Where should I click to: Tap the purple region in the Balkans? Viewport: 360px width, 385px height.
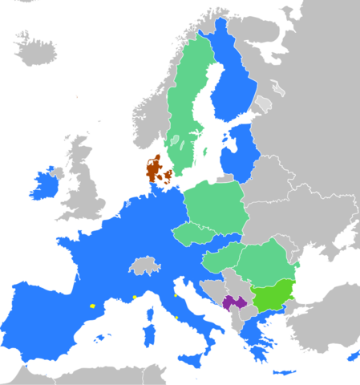234,302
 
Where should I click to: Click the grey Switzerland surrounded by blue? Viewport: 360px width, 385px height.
144,265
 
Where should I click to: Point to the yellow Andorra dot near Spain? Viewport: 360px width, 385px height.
92,306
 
